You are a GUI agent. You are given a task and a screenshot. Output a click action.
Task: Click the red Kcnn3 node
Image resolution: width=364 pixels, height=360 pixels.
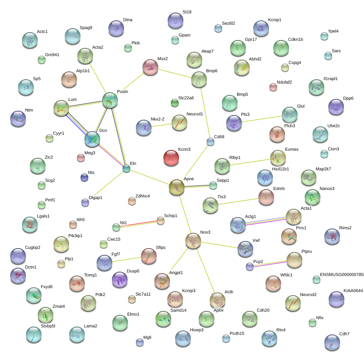click(171, 158)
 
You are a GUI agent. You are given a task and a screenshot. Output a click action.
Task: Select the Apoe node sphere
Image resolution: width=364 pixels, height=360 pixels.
click(177, 187)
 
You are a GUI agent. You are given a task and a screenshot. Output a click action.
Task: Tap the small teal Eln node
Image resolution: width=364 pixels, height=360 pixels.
click(126, 168)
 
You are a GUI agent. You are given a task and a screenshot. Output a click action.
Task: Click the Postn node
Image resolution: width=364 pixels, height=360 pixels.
click(110, 100)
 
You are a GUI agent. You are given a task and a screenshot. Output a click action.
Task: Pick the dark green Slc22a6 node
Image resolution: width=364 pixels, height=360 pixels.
click(175, 103)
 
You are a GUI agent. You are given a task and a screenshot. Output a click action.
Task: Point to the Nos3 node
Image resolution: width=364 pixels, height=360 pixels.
click(193, 241)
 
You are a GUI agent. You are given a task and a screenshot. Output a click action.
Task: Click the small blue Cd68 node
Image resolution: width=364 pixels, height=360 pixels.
click(210, 142)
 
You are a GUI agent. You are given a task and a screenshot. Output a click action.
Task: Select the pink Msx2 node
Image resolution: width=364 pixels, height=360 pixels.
click(150, 67)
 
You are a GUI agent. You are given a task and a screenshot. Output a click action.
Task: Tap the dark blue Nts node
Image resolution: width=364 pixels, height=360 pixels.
click(84, 177)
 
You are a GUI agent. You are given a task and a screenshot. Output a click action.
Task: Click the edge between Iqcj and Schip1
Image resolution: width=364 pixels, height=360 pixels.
click(138, 224)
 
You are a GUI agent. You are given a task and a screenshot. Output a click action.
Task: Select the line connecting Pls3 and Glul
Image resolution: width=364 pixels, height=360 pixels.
click(262, 119)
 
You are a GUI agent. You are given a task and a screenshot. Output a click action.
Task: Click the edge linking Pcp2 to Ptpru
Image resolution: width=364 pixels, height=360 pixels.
click(270, 264)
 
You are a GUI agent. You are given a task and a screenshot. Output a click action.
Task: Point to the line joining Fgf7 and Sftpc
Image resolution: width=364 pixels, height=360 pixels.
click(126, 260)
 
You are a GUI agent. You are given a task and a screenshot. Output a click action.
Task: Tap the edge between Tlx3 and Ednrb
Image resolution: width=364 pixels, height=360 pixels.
click(238, 201)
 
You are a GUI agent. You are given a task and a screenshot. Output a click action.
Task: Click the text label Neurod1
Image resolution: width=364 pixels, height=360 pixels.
click(195, 114)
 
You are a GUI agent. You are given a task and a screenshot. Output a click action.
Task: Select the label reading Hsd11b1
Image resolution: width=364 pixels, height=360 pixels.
click(280, 169)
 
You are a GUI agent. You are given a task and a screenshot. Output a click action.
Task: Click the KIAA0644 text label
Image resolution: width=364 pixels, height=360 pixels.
click(353, 291)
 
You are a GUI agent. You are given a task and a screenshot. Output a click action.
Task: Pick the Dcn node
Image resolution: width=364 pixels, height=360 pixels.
click(92, 139)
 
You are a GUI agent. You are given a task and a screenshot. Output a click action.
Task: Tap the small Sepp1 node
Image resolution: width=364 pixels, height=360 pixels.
click(213, 185)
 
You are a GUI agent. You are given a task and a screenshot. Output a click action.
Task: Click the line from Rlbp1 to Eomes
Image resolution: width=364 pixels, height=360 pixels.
click(250, 162)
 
